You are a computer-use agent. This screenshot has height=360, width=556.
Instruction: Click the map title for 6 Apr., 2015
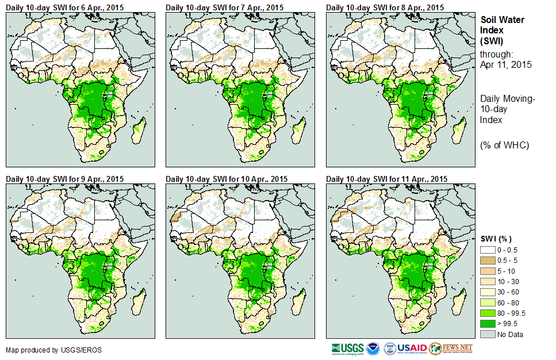64,7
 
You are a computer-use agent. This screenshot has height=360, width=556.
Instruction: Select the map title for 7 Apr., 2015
225,7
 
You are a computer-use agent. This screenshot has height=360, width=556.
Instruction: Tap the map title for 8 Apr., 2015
385,7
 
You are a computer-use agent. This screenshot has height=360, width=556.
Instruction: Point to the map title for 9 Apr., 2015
64,179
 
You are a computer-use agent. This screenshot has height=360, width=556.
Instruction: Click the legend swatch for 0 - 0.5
488,250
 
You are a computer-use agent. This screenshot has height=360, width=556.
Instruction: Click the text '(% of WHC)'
504,145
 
